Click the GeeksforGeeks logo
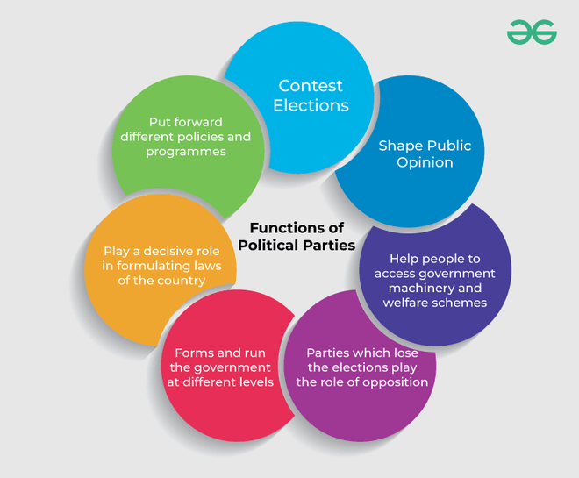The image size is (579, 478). [x=532, y=32]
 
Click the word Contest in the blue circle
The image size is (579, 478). [x=311, y=86]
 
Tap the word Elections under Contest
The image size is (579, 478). [x=311, y=106]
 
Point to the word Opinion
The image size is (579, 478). [x=425, y=162]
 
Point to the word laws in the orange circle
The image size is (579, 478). [x=204, y=266]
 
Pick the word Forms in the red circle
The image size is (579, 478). [x=196, y=353]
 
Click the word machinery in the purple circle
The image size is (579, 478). [x=418, y=289]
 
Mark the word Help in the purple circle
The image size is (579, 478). [x=406, y=259]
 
